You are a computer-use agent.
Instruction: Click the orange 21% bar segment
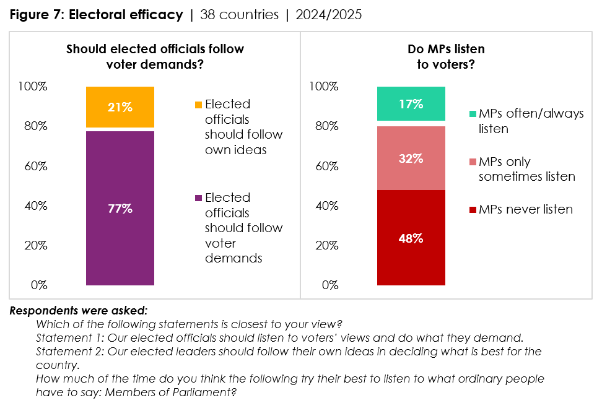click(120, 107)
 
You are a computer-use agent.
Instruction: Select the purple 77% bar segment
click(120, 208)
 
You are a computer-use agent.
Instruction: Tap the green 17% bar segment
click(411, 103)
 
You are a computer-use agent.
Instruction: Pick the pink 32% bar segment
click(411, 158)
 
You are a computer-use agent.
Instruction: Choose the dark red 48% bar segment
click(411, 238)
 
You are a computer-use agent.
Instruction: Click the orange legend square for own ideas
click(198, 105)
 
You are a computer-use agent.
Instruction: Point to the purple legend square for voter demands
click(198, 198)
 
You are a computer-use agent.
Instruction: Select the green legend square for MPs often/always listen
click(473, 115)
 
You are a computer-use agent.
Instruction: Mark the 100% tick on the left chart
click(33, 87)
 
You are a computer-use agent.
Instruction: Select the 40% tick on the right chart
click(326, 206)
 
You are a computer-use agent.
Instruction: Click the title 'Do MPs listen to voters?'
click(446, 56)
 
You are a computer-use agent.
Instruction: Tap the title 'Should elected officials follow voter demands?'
click(155, 56)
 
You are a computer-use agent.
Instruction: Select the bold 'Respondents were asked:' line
click(78, 310)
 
